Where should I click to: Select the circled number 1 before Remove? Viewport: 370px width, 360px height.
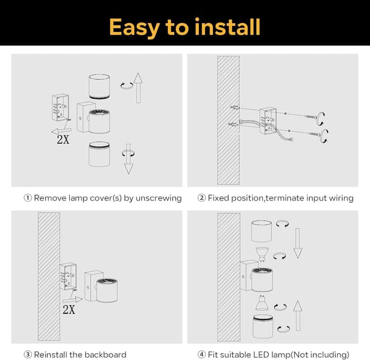[27, 198]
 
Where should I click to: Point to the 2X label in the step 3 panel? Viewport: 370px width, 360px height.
[69, 310]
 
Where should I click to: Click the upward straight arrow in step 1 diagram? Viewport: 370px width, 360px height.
[138, 87]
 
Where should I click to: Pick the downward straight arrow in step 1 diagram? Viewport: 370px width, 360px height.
[128, 158]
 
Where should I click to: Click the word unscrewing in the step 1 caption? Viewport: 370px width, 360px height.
[157, 198]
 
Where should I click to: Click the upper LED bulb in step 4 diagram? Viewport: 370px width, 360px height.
[262, 253]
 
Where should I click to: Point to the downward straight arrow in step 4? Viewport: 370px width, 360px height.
[298, 242]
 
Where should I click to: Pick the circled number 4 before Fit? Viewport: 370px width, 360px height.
[201, 354]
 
